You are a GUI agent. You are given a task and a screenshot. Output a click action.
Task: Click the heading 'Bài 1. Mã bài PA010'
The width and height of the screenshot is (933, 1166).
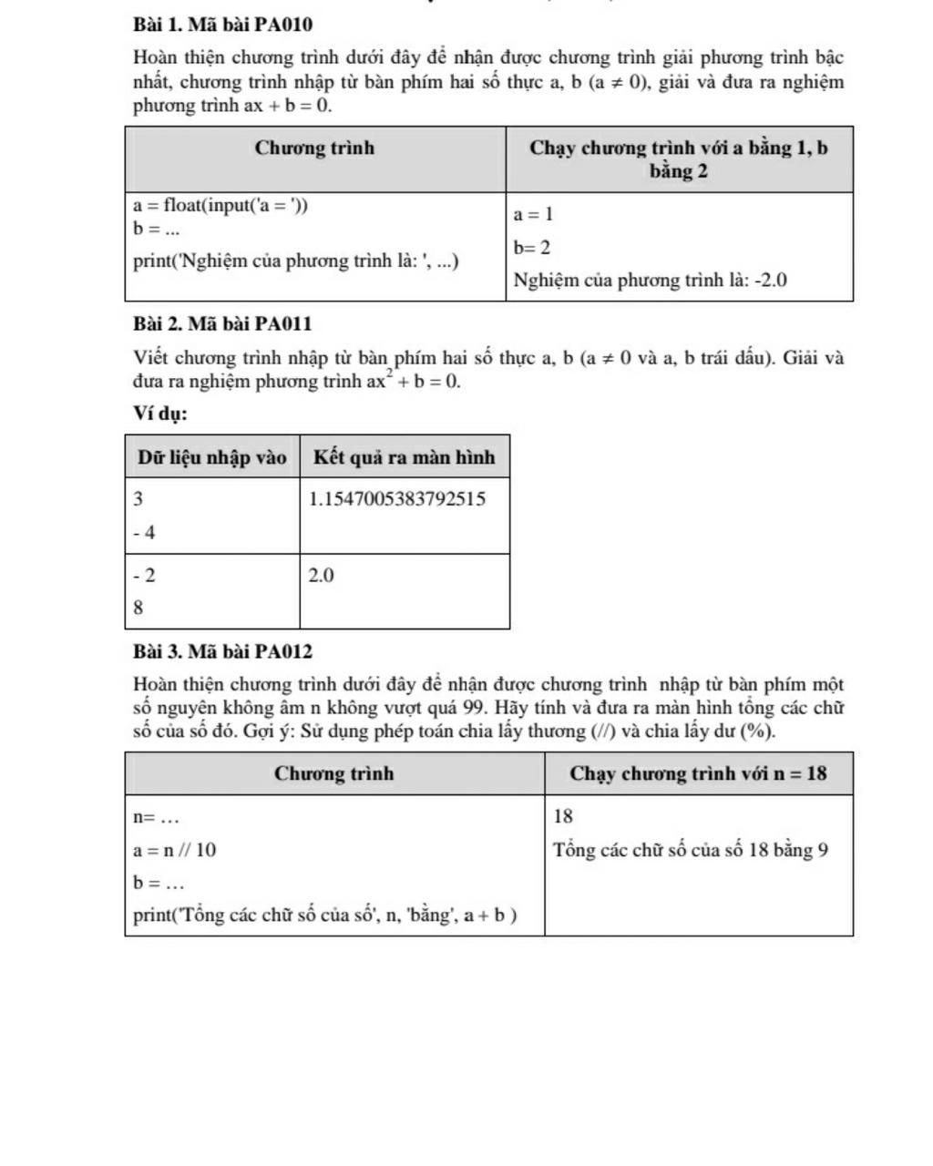[x=222, y=24]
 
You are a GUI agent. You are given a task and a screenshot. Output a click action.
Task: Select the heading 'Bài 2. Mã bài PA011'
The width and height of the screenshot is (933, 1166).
[x=222, y=323]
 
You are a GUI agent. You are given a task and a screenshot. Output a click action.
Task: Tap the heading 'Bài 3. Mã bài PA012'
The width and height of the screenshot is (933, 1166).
[x=222, y=651]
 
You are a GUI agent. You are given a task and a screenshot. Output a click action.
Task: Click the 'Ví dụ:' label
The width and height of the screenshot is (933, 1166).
[x=160, y=414]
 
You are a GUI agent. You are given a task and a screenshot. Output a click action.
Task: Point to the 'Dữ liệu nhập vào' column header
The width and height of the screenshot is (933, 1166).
[x=212, y=457]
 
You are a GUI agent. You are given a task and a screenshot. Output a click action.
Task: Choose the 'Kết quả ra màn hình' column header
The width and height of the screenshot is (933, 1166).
[x=405, y=457]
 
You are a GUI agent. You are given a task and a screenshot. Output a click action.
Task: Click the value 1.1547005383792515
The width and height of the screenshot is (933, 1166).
[x=397, y=499]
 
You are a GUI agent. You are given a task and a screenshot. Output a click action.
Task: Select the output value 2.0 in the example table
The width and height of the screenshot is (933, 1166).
[x=322, y=576]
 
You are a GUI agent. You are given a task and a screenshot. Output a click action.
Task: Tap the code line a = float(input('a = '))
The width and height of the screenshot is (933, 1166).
[x=220, y=206]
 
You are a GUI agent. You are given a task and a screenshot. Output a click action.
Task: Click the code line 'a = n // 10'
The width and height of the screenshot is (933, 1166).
[x=175, y=850]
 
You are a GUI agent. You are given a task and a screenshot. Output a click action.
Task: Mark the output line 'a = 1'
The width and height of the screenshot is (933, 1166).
[x=533, y=215]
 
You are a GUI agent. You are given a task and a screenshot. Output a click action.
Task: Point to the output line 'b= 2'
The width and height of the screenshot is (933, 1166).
[x=532, y=248]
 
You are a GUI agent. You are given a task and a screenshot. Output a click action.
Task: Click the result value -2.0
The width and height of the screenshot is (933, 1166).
[x=769, y=281]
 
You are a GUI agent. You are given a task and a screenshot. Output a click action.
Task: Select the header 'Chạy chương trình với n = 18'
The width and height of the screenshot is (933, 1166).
[x=698, y=773]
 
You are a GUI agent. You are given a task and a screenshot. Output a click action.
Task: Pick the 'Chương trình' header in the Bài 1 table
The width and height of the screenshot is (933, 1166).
[x=315, y=148]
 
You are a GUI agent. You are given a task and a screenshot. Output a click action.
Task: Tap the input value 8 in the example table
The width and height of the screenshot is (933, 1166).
[x=138, y=609]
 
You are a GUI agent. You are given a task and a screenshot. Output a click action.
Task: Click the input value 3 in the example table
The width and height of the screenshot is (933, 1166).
[x=138, y=499]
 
